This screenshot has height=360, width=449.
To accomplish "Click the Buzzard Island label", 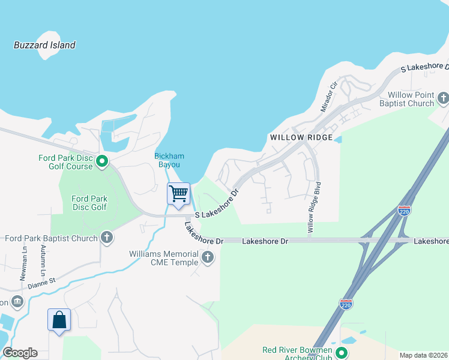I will pos(44,45).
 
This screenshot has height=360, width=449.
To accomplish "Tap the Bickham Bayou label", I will pos(169,160).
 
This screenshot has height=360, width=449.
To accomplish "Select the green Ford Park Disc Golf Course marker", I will pos(102,161).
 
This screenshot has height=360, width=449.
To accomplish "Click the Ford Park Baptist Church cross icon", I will pos(107,238).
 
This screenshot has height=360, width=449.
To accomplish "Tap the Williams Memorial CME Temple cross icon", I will pos(208,257).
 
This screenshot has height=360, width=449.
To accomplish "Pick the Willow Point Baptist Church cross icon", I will pos(443,98).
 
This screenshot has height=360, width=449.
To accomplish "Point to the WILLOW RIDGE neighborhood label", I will pos(301,137).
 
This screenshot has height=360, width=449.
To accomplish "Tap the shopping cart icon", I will pos(178,194).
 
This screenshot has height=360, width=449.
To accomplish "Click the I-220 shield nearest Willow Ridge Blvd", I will pos(404,211).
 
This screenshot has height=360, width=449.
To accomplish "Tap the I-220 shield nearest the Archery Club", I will pos(346,304).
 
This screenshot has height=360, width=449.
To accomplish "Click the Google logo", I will pos(20,353).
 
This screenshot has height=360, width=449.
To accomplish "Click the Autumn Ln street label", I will pos(44,260).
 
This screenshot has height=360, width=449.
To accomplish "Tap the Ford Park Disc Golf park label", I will pos(89,203).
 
